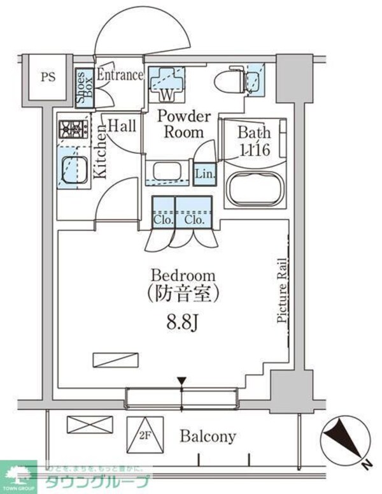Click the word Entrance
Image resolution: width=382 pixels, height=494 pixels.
[120, 75]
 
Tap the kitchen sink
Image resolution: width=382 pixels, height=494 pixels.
[73, 170]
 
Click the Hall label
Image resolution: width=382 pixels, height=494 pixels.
[121, 126]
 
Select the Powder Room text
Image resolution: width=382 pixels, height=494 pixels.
[184, 124]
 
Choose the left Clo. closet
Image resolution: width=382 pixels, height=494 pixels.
[162, 212]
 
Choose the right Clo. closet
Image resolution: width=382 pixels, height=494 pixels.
[194, 212]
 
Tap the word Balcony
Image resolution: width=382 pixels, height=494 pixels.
[208, 437]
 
